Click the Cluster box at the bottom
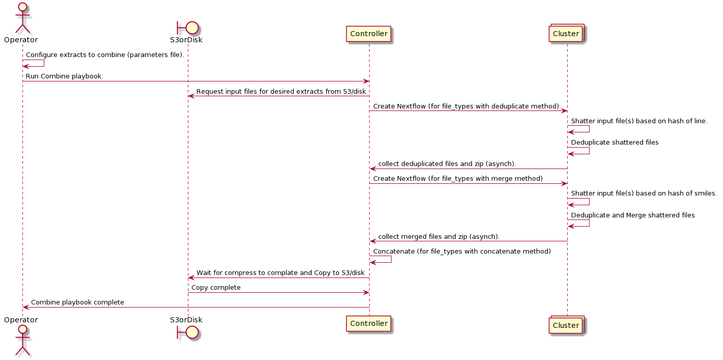[566, 325]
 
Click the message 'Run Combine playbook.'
[65, 76]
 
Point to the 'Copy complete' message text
[216, 288]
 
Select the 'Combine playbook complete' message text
[77, 302]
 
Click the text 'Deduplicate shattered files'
[615, 143]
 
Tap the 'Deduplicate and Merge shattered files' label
[633, 215]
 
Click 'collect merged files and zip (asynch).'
[439, 237]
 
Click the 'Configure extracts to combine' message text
[105, 55]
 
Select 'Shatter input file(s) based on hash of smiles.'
[644, 193]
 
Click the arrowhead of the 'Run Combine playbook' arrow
[366, 81]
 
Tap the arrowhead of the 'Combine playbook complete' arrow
[26, 307]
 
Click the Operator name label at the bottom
[21, 320]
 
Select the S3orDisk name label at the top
[186, 40]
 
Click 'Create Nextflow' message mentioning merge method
[458, 179]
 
